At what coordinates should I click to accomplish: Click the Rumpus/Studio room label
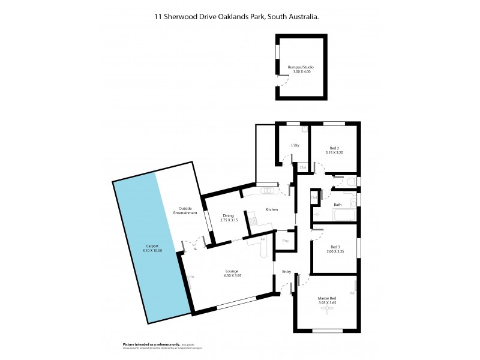point(301,67)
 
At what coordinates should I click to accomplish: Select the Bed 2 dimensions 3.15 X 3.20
point(334,152)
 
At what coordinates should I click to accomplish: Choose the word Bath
point(337,205)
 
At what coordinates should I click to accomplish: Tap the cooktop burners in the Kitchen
point(253,221)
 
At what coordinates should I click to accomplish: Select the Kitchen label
point(272,209)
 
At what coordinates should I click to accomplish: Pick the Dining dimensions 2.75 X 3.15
point(229,220)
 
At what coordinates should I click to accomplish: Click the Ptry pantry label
point(286,241)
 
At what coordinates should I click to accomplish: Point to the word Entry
point(286,272)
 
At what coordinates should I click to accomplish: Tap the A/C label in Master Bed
point(353,293)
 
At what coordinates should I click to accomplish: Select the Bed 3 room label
point(335,247)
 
